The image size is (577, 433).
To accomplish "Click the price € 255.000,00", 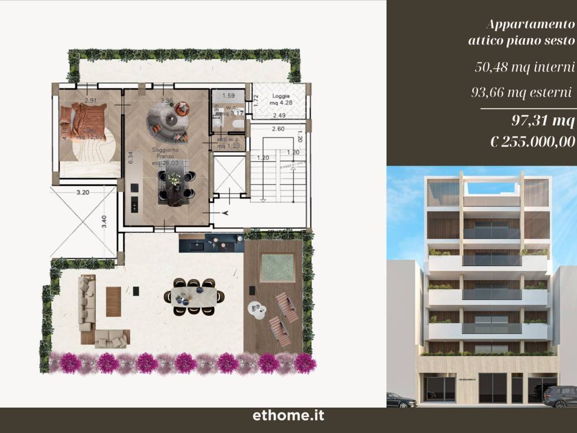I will pos(532,142).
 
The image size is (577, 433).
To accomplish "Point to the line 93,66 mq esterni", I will pos(521,92).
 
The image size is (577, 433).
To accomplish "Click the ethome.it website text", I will pos(288,417).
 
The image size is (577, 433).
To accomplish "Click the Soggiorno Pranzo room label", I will pos(165,154).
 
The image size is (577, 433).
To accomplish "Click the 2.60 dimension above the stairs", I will pos(277,129).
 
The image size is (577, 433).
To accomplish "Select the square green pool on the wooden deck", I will pos(277,267).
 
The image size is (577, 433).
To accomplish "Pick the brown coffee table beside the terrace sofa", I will pos(113,302).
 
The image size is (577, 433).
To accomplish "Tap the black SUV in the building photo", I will pos(560,396).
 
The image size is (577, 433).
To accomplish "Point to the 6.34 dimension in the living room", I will pos(130,157).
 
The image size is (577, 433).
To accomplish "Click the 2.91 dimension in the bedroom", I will pos(91,101).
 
